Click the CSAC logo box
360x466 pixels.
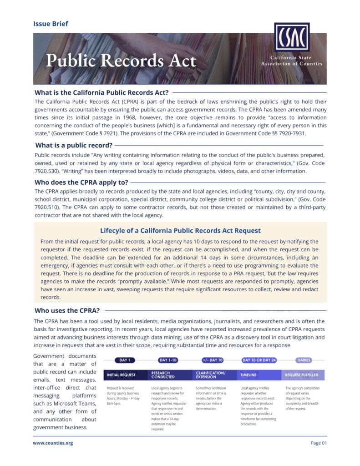click(292, 37)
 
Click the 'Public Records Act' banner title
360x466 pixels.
click(121, 60)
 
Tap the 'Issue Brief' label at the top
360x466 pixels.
click(51, 24)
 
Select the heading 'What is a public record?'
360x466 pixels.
click(74, 145)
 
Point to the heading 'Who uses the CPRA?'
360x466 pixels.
click(67, 311)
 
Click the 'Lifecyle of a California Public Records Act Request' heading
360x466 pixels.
click(180, 230)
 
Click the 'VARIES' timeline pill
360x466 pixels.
click(304, 360)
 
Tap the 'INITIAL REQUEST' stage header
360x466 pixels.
click(121, 375)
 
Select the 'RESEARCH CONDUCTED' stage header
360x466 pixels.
click(163, 375)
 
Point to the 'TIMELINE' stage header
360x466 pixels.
click(248, 375)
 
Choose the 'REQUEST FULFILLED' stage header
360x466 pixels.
click(302, 375)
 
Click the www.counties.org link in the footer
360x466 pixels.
click(53, 443)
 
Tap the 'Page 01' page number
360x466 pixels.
click(319, 443)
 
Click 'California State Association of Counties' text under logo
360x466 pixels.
click(291, 61)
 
